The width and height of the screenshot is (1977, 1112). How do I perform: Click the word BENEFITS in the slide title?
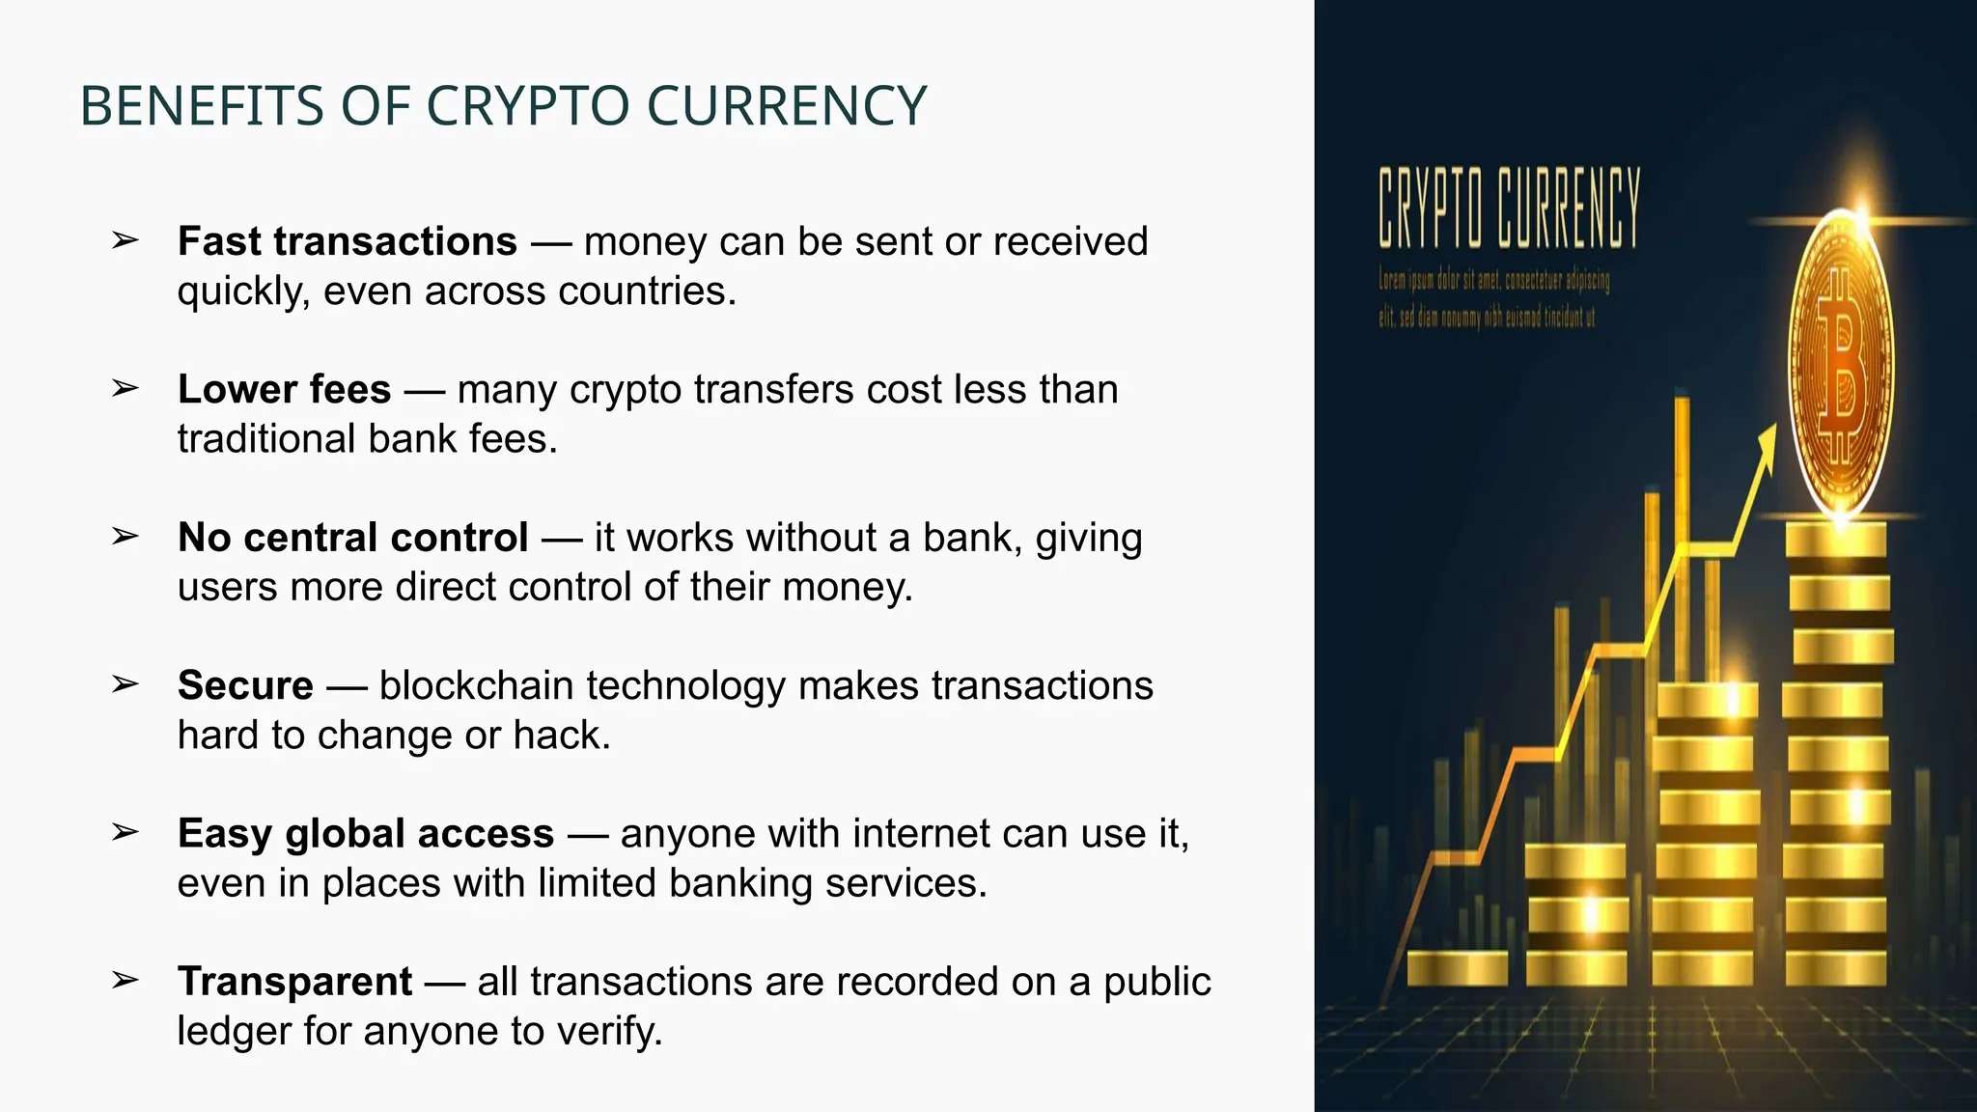coord(202,106)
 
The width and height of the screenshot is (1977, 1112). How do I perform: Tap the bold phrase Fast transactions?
coord(348,241)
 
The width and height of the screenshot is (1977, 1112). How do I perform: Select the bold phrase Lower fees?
coord(284,389)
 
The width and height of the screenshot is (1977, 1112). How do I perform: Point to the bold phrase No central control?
coord(352,537)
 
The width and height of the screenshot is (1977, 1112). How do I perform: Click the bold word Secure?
coord(245,685)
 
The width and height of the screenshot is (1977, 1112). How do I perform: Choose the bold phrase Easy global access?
coord(366,833)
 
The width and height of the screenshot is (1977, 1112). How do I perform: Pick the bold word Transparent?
coord(294,981)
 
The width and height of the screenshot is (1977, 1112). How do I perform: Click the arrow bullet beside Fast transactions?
coord(125,239)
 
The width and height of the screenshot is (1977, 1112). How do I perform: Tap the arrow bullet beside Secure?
coord(125,683)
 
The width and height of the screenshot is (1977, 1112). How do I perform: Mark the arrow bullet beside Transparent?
coord(125,980)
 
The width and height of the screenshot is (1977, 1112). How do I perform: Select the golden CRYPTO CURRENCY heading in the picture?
coord(1509,207)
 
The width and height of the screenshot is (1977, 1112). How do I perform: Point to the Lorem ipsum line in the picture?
coord(1493,281)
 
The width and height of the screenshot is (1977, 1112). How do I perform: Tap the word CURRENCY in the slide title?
coord(787,106)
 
